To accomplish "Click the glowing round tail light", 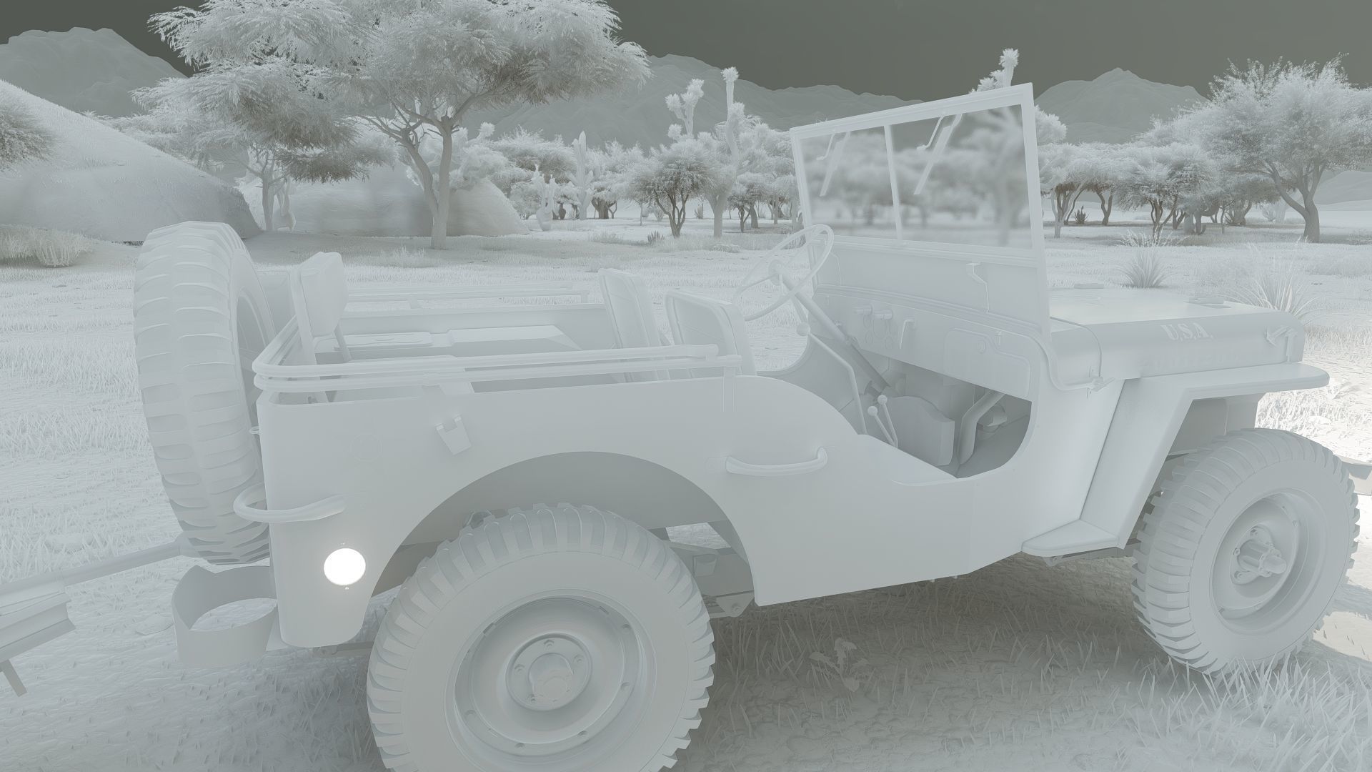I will point(344,565).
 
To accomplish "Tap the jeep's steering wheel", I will point(786,272).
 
